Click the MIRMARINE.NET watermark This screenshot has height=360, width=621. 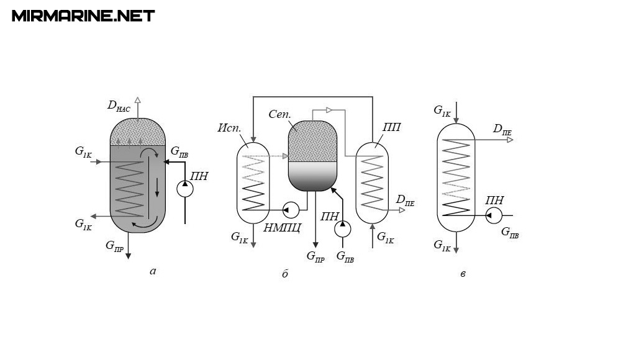(x=83, y=16)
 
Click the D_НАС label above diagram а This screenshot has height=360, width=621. (x=119, y=106)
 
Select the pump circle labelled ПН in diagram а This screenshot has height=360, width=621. (x=185, y=189)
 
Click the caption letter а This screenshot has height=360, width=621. (x=153, y=270)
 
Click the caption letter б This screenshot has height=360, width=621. (x=285, y=274)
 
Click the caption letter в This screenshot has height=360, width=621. (x=463, y=273)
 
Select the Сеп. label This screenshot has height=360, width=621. (x=280, y=115)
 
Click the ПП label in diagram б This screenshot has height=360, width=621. (x=391, y=128)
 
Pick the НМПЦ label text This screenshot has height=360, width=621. (x=282, y=227)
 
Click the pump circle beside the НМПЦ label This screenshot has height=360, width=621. (x=290, y=210)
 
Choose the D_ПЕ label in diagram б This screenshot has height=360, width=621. (x=405, y=200)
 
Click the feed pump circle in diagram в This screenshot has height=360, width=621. (x=494, y=215)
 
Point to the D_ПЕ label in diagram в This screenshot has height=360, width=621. (x=502, y=129)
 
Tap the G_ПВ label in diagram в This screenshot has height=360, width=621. (x=510, y=233)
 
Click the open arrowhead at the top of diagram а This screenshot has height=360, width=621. (x=138, y=100)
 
